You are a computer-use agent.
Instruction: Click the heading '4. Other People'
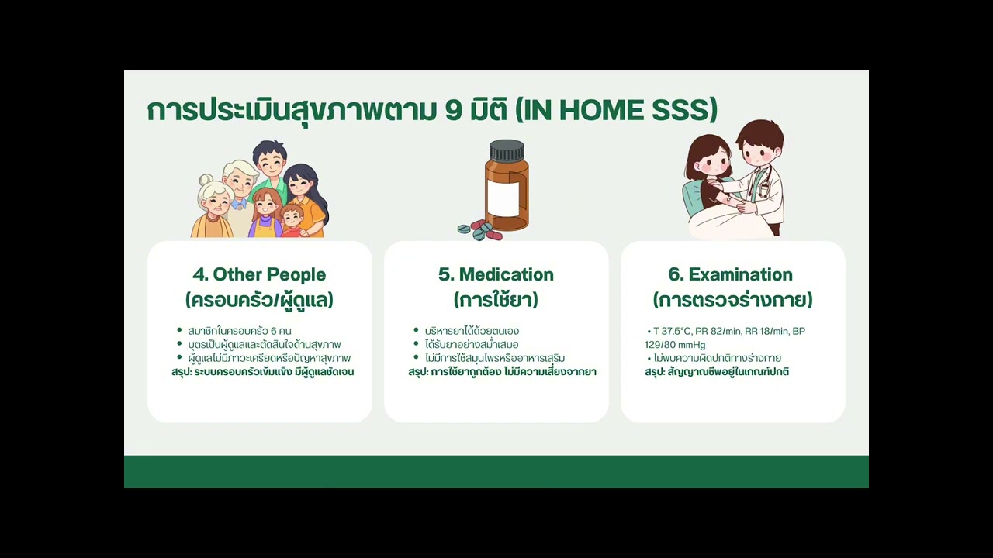(259, 274)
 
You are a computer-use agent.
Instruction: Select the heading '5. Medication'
(496, 274)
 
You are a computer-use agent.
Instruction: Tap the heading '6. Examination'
(731, 274)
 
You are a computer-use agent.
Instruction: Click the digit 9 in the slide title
(454, 111)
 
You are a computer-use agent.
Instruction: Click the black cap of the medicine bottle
(507, 150)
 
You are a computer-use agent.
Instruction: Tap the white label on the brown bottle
(503, 198)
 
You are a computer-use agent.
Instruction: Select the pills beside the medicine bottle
(479, 230)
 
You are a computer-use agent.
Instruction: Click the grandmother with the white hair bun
(213, 208)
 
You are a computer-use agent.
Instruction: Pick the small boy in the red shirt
(292, 221)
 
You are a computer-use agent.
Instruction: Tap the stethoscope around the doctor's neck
(763, 182)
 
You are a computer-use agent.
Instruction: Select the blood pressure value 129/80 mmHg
(675, 345)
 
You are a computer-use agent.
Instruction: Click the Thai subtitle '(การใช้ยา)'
(496, 300)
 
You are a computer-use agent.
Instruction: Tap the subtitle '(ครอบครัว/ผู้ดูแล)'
(259, 300)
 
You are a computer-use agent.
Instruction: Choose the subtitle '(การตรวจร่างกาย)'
(733, 300)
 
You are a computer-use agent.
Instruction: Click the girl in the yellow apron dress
(266, 214)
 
